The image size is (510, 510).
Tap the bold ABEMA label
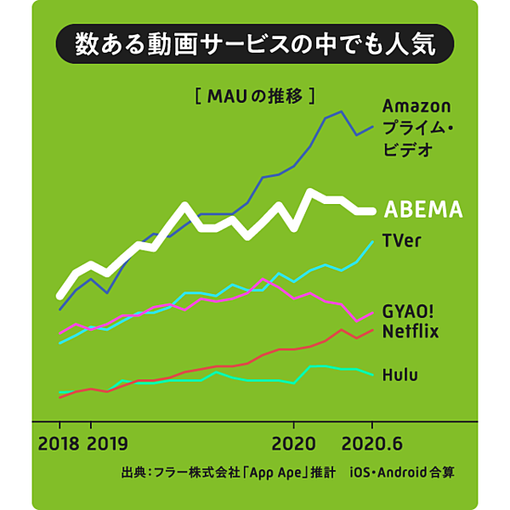pyautogui.click(x=422, y=209)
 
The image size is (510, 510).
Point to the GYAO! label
pyautogui.click(x=411, y=311)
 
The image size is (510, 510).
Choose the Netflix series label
pyautogui.click(x=411, y=331)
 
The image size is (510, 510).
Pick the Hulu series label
pyautogui.click(x=400, y=374)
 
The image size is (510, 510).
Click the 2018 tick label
pyautogui.click(x=59, y=444)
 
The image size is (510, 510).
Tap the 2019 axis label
pyautogui.click(x=107, y=444)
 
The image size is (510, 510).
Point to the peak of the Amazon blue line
pyautogui.click(x=341, y=111)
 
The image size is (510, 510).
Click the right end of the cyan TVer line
pyautogui.click(x=372, y=242)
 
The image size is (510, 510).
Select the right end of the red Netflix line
pyautogui.click(x=372, y=329)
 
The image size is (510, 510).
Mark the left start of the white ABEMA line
pyautogui.click(x=59, y=297)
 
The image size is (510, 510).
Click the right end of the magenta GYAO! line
pyautogui.click(x=372, y=313)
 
